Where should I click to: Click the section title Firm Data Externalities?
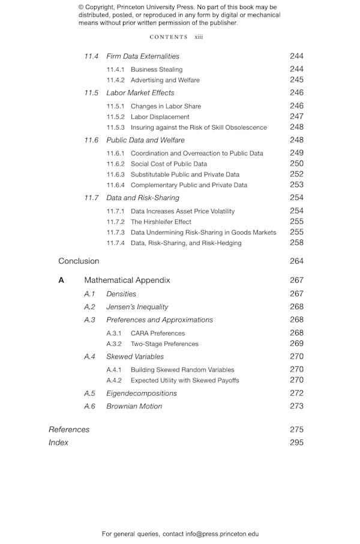(143, 56)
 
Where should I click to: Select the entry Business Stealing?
(157, 70)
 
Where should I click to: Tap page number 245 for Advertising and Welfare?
(296, 80)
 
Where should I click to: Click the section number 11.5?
(91, 93)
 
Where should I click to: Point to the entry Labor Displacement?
(160, 117)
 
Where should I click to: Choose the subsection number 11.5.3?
(115, 127)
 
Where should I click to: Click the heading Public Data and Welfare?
(145, 141)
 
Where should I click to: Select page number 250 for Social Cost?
(296, 164)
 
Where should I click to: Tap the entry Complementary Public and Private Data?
(189, 185)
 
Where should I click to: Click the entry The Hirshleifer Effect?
(161, 222)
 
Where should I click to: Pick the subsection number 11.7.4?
(115, 243)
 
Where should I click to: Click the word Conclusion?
(79, 261)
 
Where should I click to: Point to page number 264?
(296, 261)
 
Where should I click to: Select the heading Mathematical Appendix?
(127, 280)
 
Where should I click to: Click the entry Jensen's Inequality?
(137, 307)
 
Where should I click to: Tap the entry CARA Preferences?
(158, 333)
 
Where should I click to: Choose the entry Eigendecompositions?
(142, 393)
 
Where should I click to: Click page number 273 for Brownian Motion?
(296, 406)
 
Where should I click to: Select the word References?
(69, 430)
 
